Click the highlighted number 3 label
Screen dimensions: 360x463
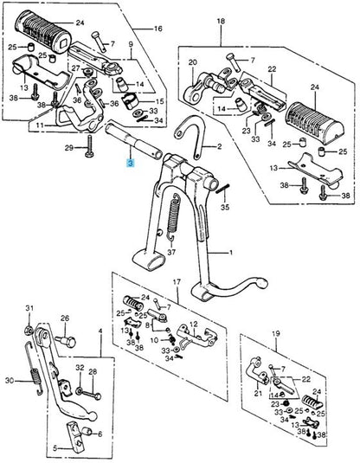[x=131, y=163]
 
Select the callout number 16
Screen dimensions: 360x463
[x=158, y=29]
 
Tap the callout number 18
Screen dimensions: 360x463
[x=221, y=21]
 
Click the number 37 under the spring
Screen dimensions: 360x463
[x=171, y=252]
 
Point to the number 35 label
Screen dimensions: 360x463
[x=225, y=207]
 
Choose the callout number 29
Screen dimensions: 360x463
[x=69, y=148]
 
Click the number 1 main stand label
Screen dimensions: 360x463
[x=231, y=253]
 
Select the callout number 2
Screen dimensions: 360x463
[x=219, y=146]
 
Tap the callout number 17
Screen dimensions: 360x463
[x=177, y=282]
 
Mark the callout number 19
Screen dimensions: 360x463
[x=275, y=333]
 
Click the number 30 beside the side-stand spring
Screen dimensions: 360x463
[x=10, y=381]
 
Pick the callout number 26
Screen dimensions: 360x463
[x=65, y=318]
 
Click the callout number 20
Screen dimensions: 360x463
[x=193, y=62]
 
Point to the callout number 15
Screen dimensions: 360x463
[x=159, y=101]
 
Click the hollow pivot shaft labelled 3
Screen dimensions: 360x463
[x=134, y=140]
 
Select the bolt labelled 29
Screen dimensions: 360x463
[x=90, y=146]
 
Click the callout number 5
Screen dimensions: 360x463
[x=55, y=448]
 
